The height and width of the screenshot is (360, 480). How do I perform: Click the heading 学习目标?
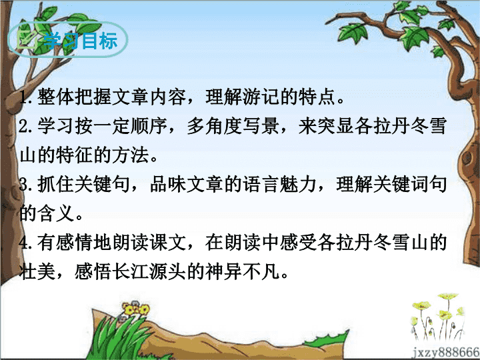81,41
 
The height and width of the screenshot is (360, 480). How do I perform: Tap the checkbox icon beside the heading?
27,39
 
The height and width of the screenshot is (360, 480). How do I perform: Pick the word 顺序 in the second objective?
149,126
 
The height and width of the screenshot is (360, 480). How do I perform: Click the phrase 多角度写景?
233,126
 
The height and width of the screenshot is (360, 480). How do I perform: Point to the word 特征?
75,155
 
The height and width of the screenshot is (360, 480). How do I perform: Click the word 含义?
56,213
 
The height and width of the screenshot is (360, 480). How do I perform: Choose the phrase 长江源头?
149,271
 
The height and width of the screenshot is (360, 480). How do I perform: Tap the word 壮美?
37,271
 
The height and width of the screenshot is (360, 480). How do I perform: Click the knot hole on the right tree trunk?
467,158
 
